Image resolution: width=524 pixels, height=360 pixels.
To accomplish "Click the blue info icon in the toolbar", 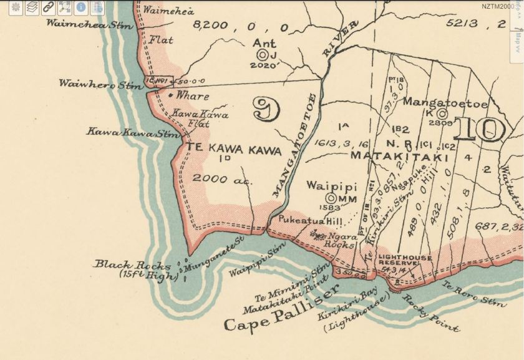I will pos(80,7).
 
